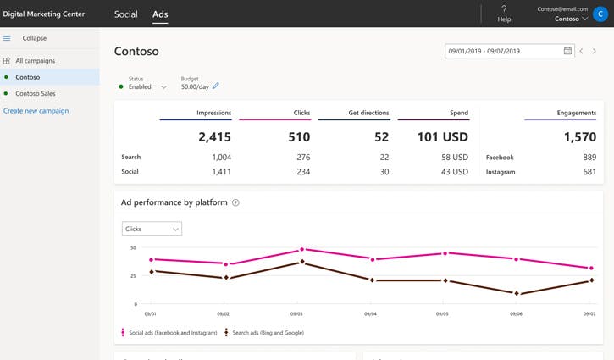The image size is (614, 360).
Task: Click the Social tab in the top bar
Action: pyautogui.click(x=125, y=14)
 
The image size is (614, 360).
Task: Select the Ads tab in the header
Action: pyautogui.click(x=160, y=14)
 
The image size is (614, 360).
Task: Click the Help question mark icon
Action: pyautogui.click(x=504, y=9)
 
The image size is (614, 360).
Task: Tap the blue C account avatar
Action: pyautogui.click(x=600, y=14)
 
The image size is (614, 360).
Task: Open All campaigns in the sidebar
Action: pyautogui.click(x=35, y=61)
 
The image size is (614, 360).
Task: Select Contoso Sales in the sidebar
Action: pyautogui.click(x=35, y=93)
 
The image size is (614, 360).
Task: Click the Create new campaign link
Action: pyautogui.click(x=36, y=111)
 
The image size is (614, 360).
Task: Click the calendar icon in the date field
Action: pyautogui.click(x=567, y=51)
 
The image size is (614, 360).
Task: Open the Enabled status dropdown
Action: pyautogui.click(x=163, y=86)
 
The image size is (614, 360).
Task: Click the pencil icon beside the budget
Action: pyautogui.click(x=216, y=86)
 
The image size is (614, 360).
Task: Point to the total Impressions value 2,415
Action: pyautogui.click(x=214, y=136)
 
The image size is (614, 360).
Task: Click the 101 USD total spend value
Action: pyautogui.click(x=442, y=136)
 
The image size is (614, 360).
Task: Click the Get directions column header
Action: pyautogui.click(x=368, y=113)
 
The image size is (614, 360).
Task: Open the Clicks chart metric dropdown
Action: pyautogui.click(x=152, y=229)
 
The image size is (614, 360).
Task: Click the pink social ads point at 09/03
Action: pyautogui.click(x=301, y=250)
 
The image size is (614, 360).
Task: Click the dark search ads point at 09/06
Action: pyautogui.click(x=517, y=294)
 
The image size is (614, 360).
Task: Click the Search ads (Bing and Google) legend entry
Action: pyautogui.click(x=263, y=333)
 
